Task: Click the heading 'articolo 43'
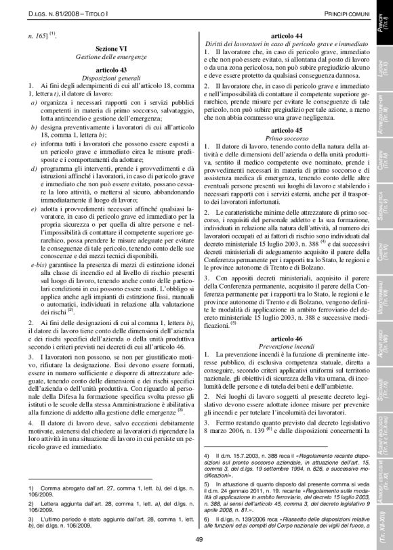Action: coord(102,70)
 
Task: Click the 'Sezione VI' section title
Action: coord(102,49)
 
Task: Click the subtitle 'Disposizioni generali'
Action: coord(102,78)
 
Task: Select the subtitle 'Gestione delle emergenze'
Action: coord(102,58)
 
